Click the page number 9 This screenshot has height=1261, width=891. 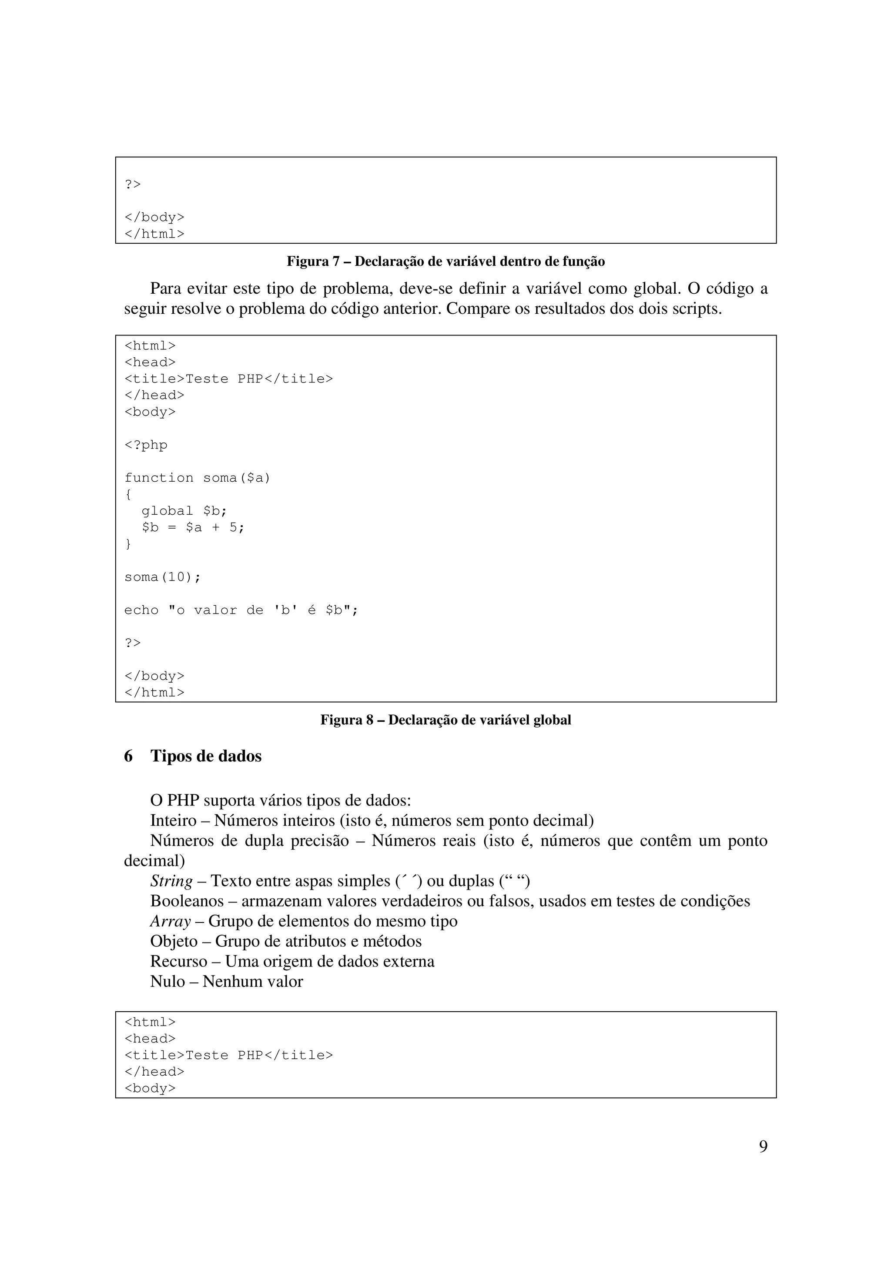click(x=763, y=1147)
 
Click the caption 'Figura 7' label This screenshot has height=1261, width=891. click(x=313, y=262)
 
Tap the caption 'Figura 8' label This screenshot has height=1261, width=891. click(x=347, y=720)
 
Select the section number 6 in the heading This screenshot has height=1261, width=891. click(x=128, y=756)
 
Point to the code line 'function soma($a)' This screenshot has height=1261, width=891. click(x=198, y=478)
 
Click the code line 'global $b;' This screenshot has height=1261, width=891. click(x=184, y=511)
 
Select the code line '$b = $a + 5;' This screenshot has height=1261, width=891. click(x=193, y=527)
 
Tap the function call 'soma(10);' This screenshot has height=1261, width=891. click(x=163, y=577)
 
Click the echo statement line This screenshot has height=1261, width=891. click(x=241, y=610)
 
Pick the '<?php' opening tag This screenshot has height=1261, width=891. click(x=146, y=445)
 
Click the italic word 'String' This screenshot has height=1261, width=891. click(x=171, y=881)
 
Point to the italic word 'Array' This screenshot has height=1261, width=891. click(x=170, y=921)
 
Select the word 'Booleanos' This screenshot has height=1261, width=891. click(x=187, y=901)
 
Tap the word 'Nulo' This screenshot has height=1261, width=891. click(x=167, y=982)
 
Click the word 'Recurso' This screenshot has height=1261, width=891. click(x=178, y=961)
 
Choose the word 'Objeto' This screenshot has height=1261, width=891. click(x=174, y=941)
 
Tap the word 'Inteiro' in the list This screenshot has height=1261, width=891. click(x=173, y=821)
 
